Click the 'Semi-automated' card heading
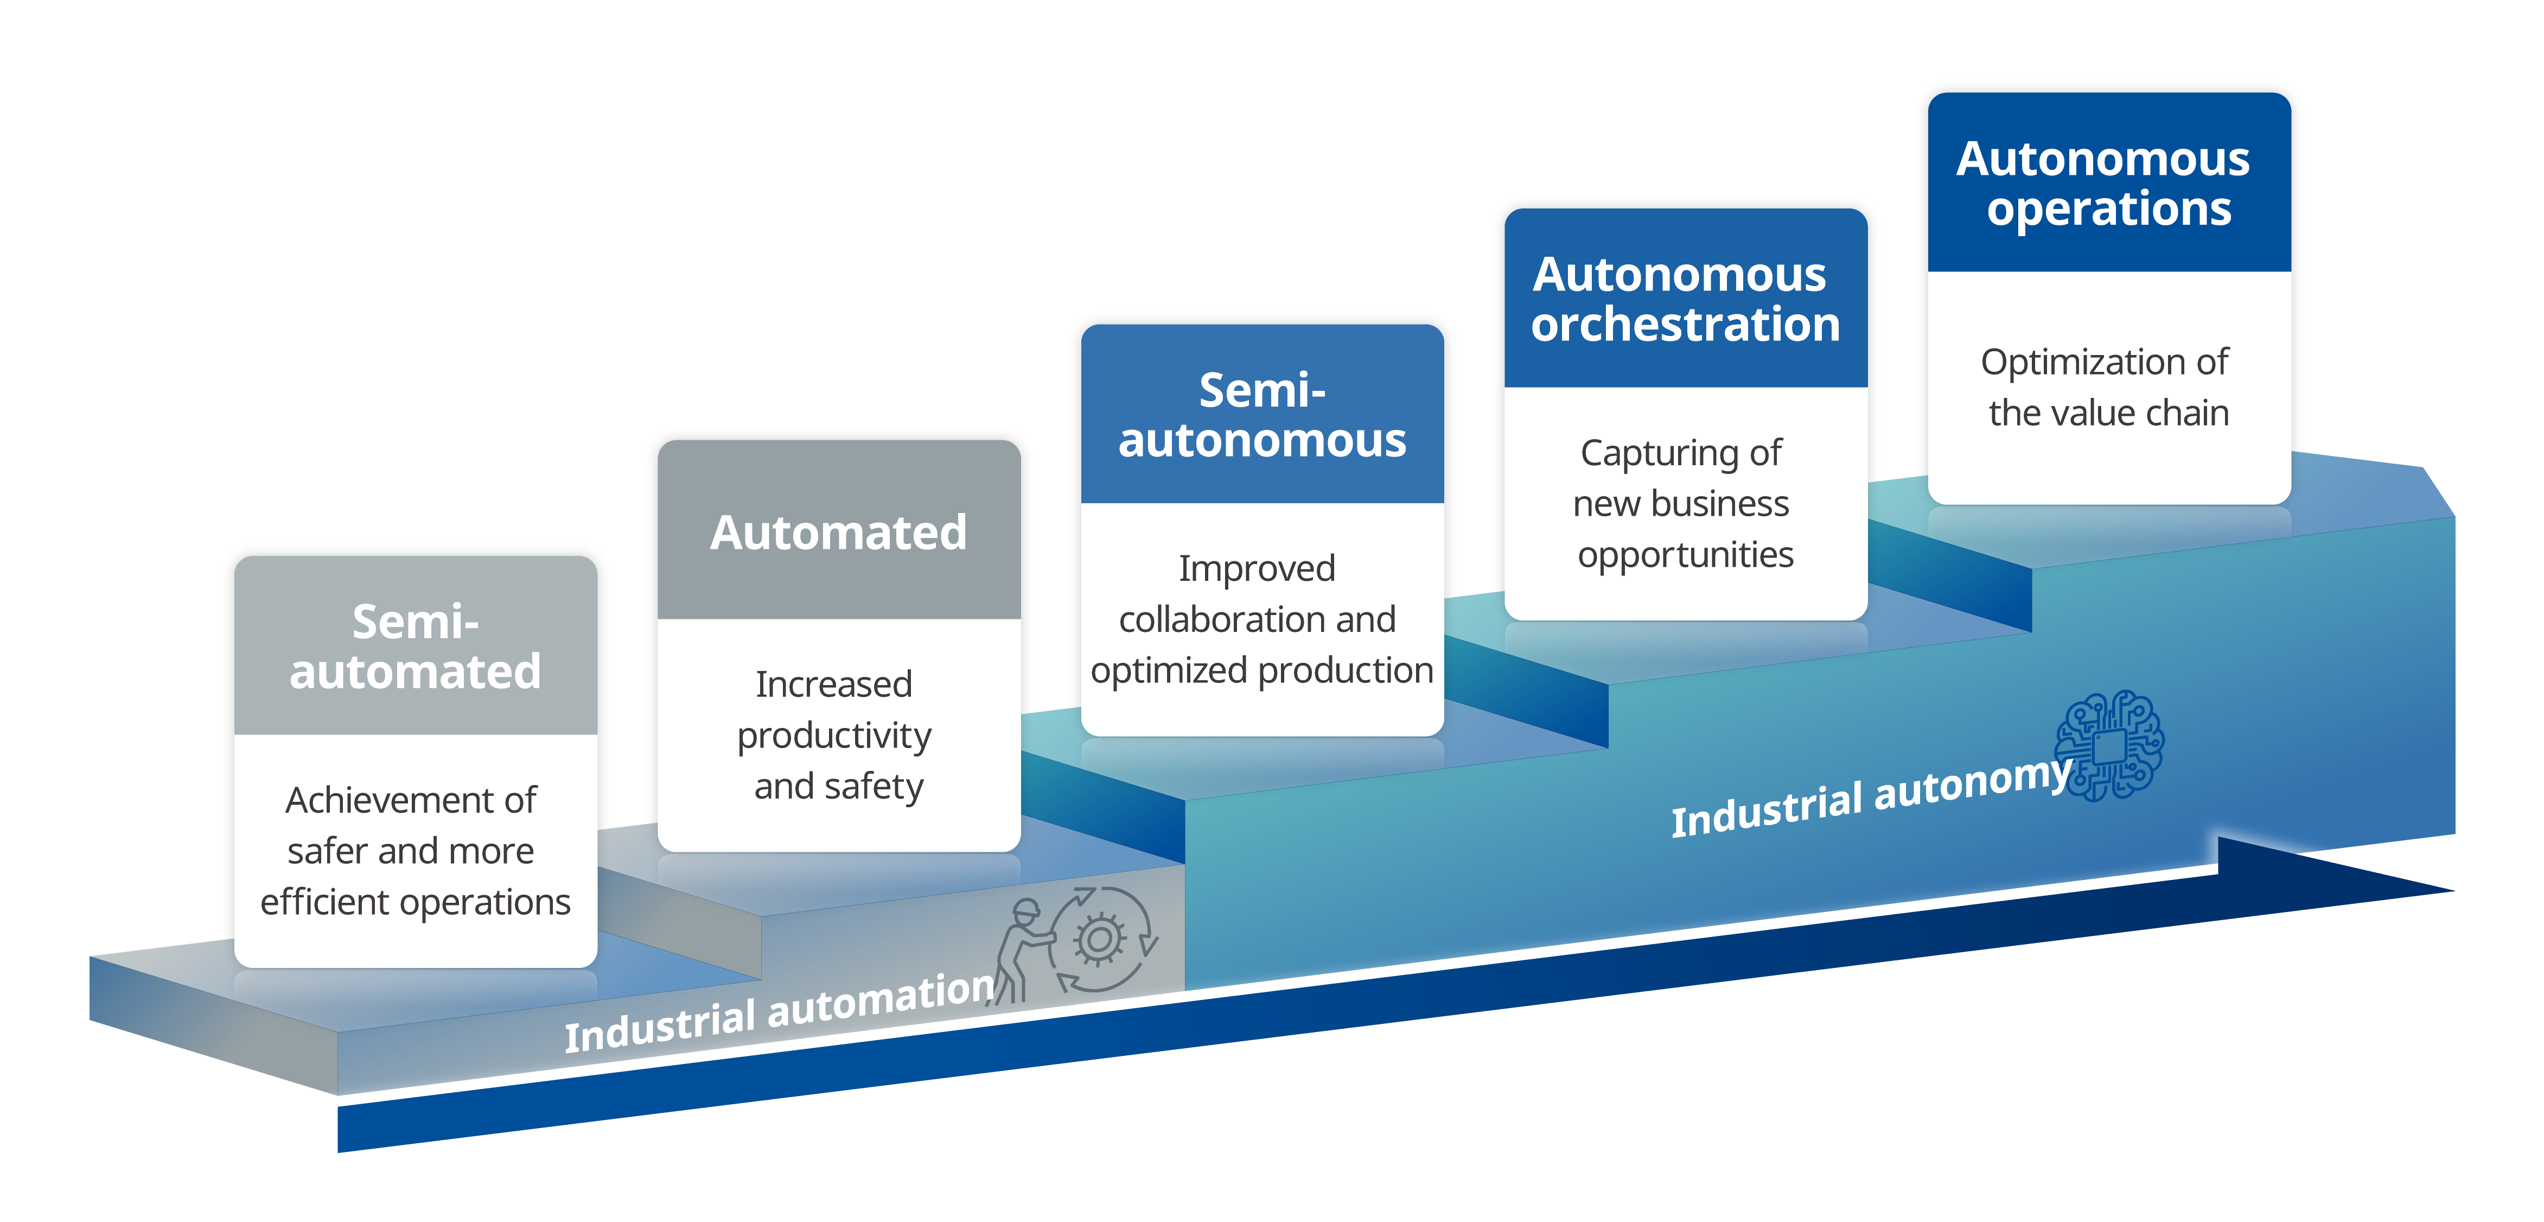(415, 647)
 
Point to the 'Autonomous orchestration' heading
(1685, 299)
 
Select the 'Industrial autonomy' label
(1870, 795)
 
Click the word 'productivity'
(834, 736)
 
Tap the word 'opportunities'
(1685, 555)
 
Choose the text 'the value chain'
(2108, 413)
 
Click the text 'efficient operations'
(415, 902)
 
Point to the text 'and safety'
(838, 787)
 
